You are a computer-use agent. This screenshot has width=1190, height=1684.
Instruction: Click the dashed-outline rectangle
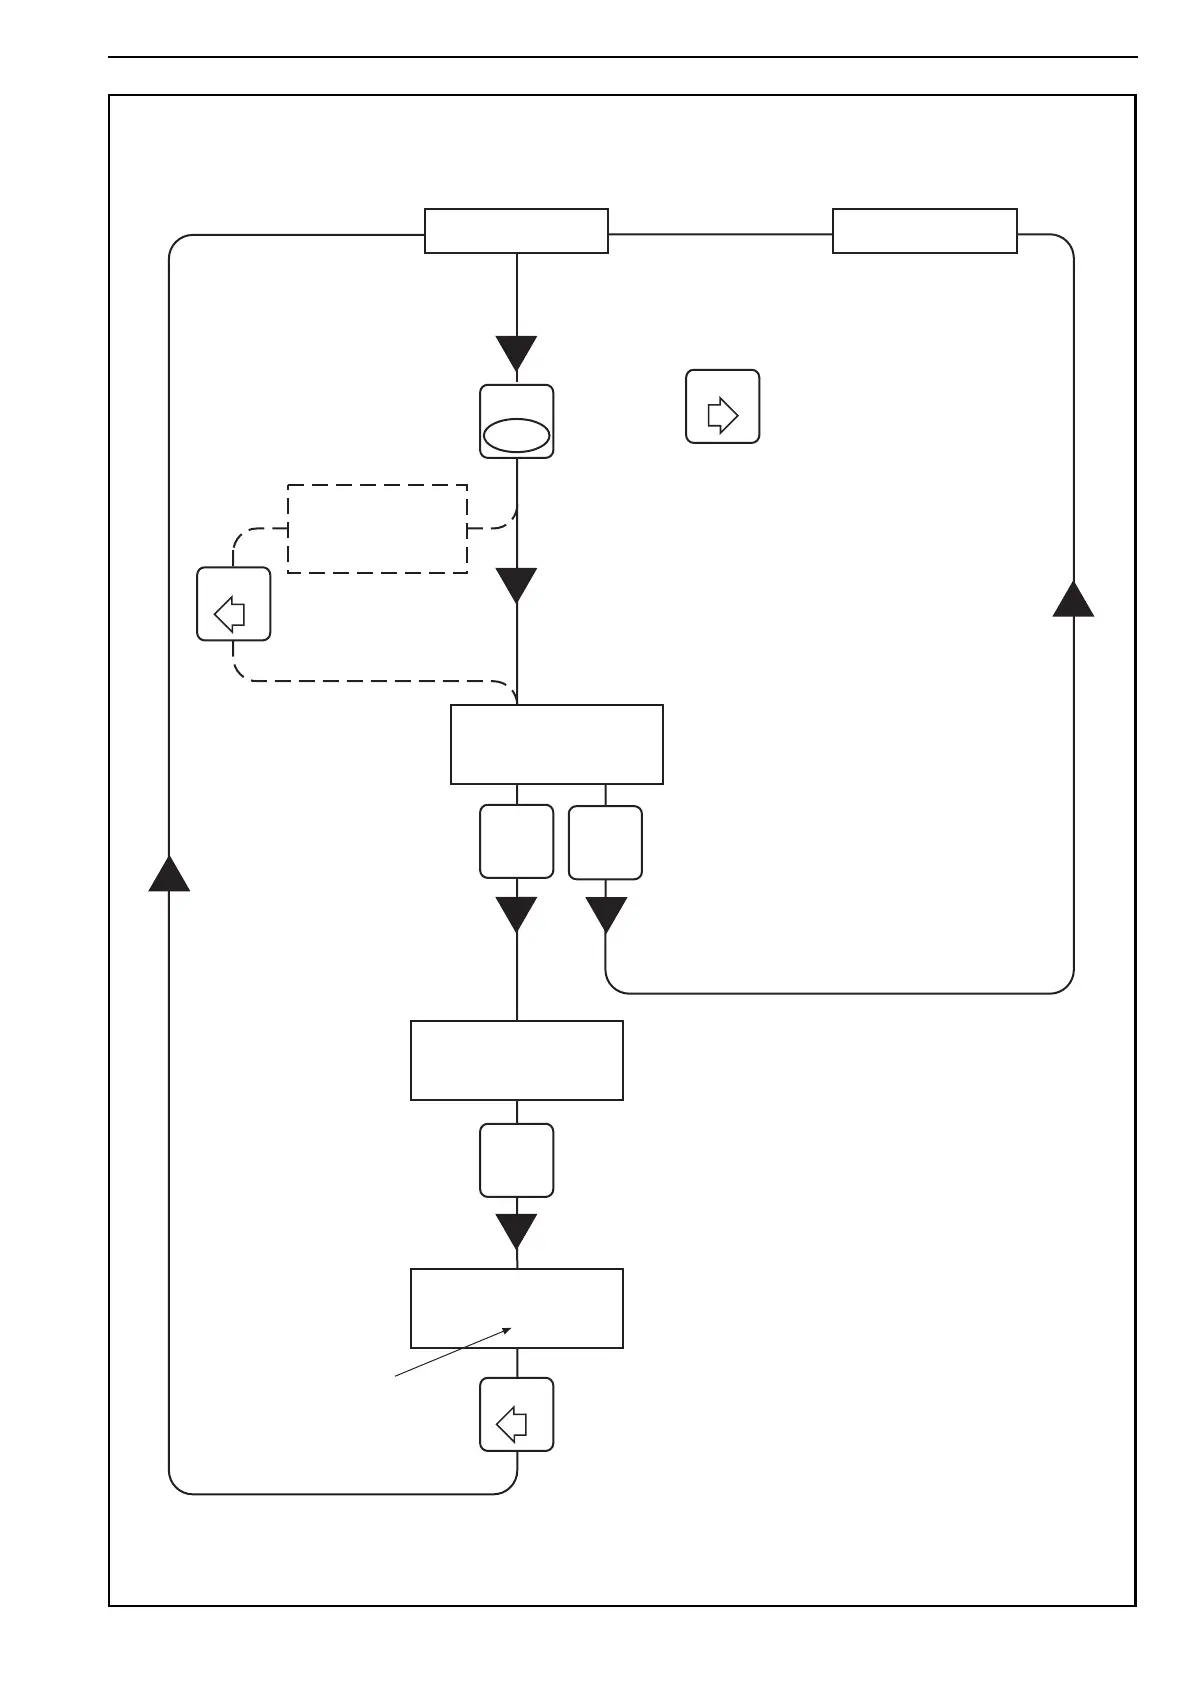click(377, 529)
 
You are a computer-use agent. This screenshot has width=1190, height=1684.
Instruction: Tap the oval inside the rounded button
click(516, 435)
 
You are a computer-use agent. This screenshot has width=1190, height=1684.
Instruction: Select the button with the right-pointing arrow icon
click(722, 407)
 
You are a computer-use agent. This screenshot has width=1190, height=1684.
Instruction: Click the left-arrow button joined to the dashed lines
click(233, 604)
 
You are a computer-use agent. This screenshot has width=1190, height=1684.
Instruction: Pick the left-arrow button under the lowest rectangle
click(516, 1414)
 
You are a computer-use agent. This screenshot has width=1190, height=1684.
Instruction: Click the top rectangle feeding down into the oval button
click(516, 231)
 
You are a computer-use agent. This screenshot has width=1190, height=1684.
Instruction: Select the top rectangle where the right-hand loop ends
click(924, 231)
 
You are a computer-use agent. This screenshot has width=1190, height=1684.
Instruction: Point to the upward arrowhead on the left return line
click(169, 873)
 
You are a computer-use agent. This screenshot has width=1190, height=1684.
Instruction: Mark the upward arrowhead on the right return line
click(1073, 598)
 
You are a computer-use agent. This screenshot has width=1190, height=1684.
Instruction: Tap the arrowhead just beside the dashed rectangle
click(516, 585)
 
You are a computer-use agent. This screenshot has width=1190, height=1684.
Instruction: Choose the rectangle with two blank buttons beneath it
click(556, 744)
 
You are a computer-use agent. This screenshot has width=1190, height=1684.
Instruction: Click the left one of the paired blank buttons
click(516, 842)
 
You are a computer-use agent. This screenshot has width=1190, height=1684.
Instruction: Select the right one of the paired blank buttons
click(605, 842)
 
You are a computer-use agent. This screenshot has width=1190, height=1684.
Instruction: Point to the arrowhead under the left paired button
click(516, 914)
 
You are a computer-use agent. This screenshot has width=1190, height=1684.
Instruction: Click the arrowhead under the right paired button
click(605, 914)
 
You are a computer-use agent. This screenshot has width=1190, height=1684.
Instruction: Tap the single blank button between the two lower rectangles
click(516, 1160)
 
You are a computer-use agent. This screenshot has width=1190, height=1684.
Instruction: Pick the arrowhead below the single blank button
click(516, 1231)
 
